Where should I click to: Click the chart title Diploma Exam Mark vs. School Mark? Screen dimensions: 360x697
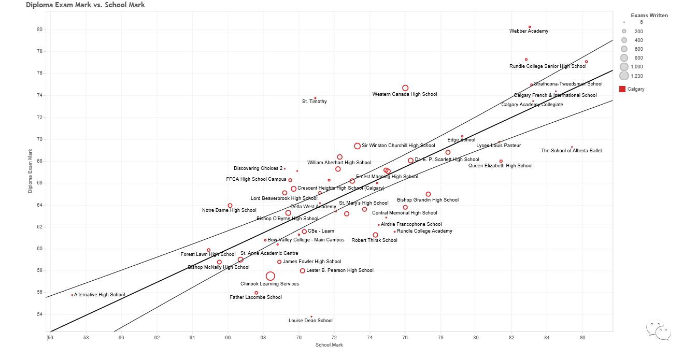(x=86, y=5)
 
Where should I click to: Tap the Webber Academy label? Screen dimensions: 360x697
(x=529, y=31)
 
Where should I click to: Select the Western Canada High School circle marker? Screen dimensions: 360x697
(x=405, y=88)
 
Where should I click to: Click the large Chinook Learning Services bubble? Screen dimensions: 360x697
(x=270, y=276)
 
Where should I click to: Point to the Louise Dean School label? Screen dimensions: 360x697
(x=310, y=321)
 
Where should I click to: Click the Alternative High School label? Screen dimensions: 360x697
(x=99, y=295)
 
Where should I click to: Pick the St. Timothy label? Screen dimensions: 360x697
(x=315, y=102)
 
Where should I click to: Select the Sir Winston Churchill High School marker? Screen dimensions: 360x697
(x=357, y=146)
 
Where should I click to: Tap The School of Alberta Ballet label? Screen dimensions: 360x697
(x=572, y=151)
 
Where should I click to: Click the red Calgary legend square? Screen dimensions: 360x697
(x=622, y=89)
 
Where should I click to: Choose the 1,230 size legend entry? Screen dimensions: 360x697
(x=624, y=76)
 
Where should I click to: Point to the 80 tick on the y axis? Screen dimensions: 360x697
(x=39, y=30)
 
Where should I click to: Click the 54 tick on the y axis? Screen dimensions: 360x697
(x=39, y=314)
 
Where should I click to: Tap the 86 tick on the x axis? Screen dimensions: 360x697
(x=582, y=338)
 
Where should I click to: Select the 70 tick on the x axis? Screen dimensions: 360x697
(x=298, y=338)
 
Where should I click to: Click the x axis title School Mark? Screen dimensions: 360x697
(x=330, y=345)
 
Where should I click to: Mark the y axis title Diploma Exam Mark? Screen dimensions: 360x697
(x=30, y=171)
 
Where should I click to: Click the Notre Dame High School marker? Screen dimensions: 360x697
(x=230, y=206)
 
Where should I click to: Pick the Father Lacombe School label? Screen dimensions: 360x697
(x=256, y=297)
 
